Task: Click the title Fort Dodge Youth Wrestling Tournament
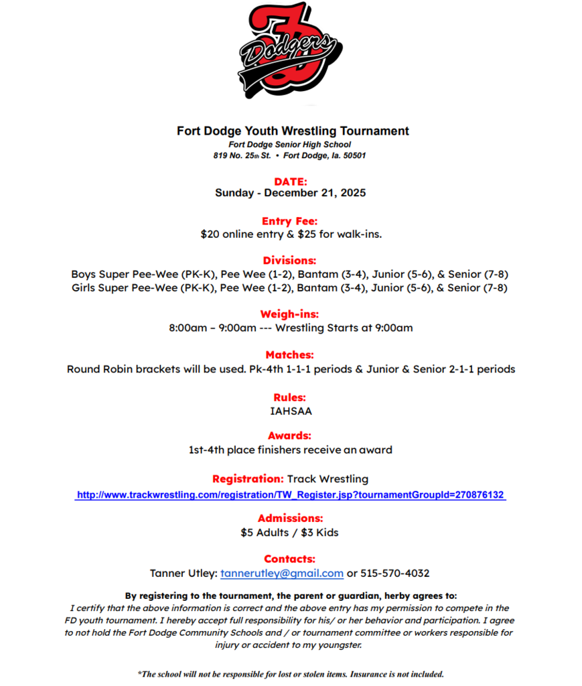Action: pos(293,131)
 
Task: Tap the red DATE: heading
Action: pos(291,181)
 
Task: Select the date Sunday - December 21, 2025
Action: pos(291,193)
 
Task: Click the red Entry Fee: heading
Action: pos(290,221)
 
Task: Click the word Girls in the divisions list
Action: pos(84,288)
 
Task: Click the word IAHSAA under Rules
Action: pos(291,411)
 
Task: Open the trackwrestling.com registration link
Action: pos(291,495)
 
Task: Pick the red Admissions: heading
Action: pos(291,518)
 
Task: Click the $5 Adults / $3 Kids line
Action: pos(290,533)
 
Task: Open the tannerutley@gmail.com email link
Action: pos(282,573)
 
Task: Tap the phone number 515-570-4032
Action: pos(395,573)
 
